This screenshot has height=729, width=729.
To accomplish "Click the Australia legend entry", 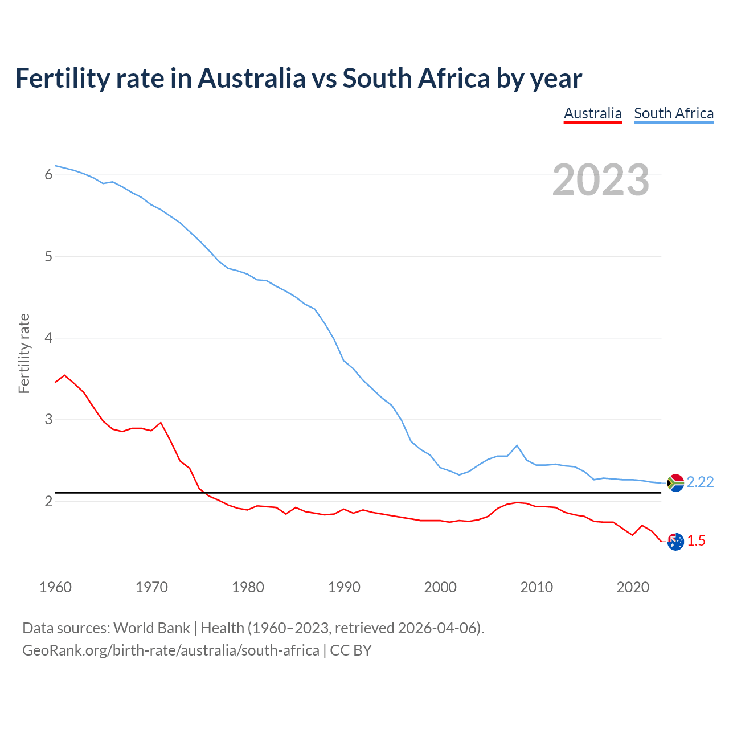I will pos(592,113).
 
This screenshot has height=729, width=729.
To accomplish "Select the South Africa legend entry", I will pos(674,113).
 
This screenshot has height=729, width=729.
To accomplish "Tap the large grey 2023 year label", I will pos(601,180).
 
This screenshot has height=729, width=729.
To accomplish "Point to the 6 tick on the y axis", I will pos(48,175).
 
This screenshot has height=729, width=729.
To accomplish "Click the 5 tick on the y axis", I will pos(48,256).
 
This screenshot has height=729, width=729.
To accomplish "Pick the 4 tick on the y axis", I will pos(48,338).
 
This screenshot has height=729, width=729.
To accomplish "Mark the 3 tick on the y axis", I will pos(48,420).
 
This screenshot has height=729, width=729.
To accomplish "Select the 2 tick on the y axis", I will pos(48,501).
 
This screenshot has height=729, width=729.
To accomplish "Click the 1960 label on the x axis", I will pos(55,587).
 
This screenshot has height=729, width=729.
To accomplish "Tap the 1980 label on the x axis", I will pos(248,587).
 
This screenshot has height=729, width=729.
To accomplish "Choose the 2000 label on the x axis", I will pos(440,587).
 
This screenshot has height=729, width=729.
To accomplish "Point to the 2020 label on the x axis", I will pos(633,587).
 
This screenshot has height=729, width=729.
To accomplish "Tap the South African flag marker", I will pos(675,483).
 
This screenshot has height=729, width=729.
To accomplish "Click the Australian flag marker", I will pos(675,542).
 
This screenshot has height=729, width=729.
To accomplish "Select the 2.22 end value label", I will pos(700,482).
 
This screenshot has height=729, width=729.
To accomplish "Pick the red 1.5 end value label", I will pos(696,541).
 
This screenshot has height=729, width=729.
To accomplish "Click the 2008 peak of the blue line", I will pos(517,445).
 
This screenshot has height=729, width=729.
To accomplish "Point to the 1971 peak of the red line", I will pos(161,423).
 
